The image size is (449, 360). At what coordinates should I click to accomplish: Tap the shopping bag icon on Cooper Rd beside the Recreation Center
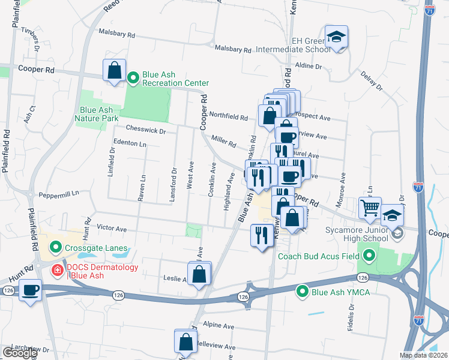tap(113, 71)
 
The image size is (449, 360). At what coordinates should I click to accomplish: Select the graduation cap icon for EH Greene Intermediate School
tap(337, 38)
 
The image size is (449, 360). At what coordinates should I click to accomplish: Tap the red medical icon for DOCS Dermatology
tap(58, 271)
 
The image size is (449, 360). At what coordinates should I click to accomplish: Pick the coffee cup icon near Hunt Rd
tap(29, 291)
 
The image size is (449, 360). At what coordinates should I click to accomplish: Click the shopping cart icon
tap(370, 208)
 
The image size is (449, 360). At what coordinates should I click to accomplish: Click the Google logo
tap(19, 353)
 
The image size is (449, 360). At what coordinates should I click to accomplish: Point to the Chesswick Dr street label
tap(145, 128)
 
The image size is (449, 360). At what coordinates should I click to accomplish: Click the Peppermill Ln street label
tap(59, 194)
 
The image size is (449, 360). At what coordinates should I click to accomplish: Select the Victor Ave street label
tap(112, 229)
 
